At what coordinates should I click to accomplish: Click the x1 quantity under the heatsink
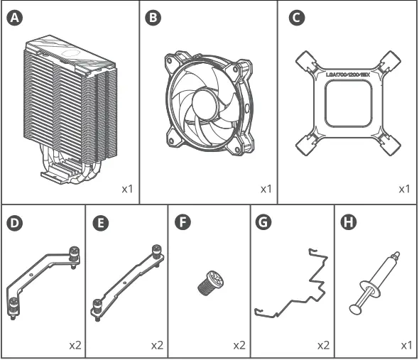pyautogui.click(x=127, y=190)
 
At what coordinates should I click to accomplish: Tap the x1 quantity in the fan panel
pyautogui.click(x=266, y=190)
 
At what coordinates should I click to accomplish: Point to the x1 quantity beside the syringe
pyautogui.click(x=406, y=346)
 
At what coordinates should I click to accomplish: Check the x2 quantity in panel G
pyautogui.click(x=322, y=346)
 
